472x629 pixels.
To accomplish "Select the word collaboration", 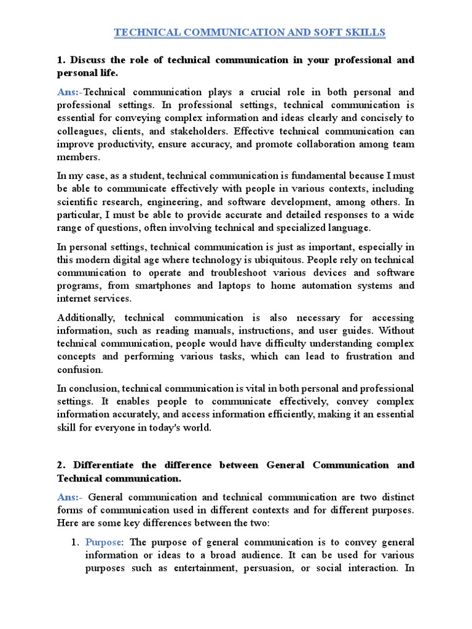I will tap(321, 144).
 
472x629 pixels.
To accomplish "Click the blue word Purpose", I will tap(104, 542).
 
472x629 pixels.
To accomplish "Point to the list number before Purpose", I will tap(76, 542).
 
